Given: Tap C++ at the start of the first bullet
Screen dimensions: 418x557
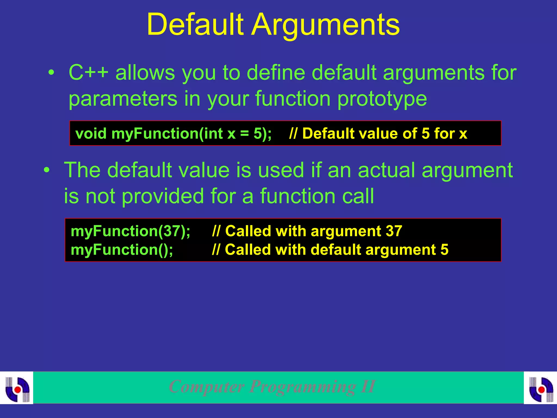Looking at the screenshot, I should coord(88,73).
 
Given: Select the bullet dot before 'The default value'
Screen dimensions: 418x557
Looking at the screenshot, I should coord(47,170).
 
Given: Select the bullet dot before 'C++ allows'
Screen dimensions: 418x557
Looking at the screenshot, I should coord(51,73).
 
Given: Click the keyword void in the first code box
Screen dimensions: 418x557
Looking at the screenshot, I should coord(91,134).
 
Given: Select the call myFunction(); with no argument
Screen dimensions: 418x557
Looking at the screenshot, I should coord(122,250).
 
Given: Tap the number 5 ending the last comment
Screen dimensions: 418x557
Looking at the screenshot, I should coord(444,250).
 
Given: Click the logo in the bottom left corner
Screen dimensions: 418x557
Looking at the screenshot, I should coord(17,388).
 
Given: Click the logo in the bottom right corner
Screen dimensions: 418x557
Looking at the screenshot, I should coord(541,388).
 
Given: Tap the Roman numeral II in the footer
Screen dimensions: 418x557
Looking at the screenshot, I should coord(368,386).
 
